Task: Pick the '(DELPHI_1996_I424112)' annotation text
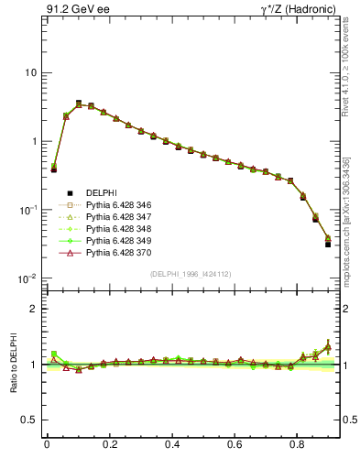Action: (x=191, y=273)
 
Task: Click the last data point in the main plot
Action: (x=328, y=244)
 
